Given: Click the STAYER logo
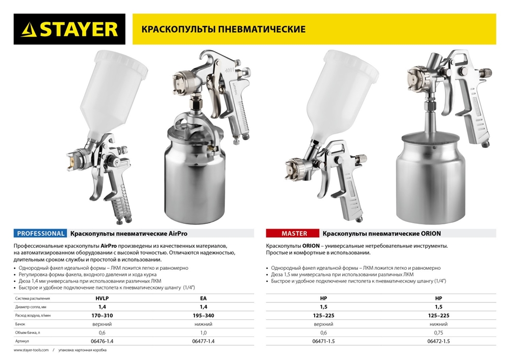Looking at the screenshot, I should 67,30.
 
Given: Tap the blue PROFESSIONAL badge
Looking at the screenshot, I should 41,234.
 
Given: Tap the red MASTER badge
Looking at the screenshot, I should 294,234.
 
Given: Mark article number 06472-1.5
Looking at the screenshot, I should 438,341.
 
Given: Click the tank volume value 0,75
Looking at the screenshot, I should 438,332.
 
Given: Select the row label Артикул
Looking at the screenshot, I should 23,341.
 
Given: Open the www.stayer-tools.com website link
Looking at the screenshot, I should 31,351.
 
